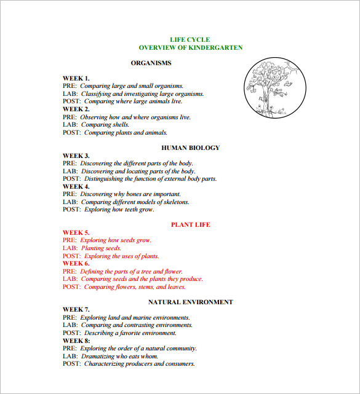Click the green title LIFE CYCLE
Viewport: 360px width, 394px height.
point(190,39)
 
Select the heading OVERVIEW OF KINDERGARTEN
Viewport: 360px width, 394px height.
point(190,47)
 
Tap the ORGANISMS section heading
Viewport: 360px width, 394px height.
point(151,63)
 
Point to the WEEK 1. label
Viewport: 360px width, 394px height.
point(76,78)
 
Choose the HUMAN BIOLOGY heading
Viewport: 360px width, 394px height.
point(190,148)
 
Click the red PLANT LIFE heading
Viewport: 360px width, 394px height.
point(190,225)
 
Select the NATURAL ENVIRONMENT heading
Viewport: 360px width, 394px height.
point(190,302)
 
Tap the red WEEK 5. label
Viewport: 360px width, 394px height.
point(76,232)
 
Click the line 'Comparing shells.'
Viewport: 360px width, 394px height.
point(105,125)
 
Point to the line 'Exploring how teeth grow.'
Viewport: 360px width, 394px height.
point(119,210)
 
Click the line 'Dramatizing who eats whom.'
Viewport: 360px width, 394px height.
point(119,356)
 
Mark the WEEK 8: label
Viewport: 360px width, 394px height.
point(76,341)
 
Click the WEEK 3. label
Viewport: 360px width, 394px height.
point(76,156)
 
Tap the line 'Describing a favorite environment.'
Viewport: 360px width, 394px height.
point(130,333)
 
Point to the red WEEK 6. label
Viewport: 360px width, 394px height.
point(76,263)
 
